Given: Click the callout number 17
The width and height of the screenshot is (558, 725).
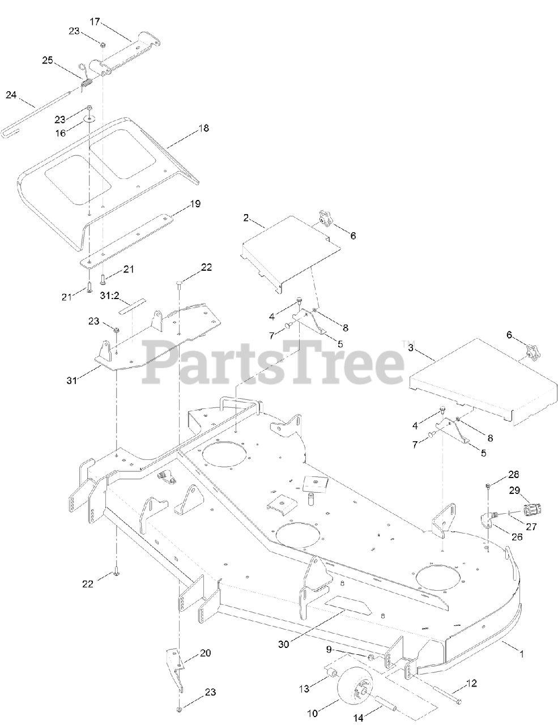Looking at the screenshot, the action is pyautogui.click(x=95, y=22).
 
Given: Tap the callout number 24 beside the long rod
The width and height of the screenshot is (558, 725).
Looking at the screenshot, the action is pyautogui.click(x=11, y=95).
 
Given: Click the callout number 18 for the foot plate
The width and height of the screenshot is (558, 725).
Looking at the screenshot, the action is pyautogui.click(x=203, y=128).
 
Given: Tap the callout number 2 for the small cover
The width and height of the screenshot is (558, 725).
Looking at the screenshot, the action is pyautogui.click(x=246, y=217).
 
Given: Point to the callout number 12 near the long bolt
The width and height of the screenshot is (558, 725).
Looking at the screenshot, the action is pyautogui.click(x=471, y=683).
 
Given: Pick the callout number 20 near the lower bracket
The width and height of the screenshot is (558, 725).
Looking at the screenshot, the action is pyautogui.click(x=205, y=653).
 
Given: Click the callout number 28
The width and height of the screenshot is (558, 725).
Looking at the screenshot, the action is pyautogui.click(x=513, y=474).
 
